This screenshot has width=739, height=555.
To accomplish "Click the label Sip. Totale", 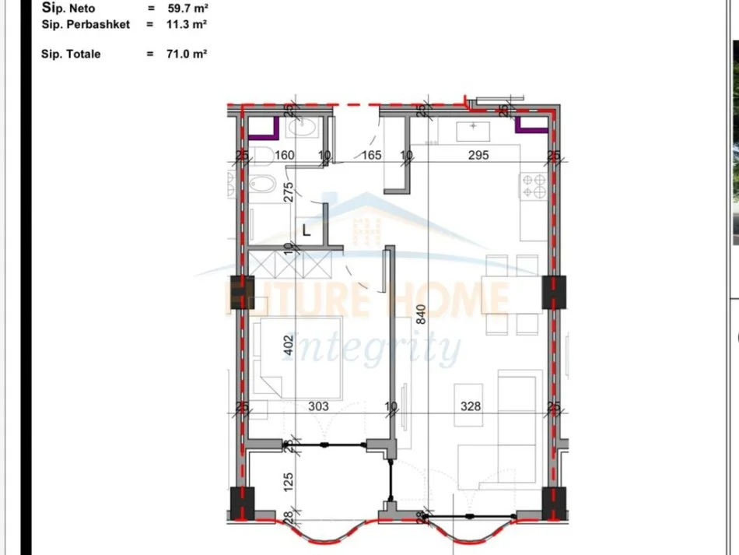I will coord(71,54).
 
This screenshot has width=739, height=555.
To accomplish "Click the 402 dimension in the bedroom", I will coord(287,346).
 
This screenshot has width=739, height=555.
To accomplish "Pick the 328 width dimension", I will coord(471,406).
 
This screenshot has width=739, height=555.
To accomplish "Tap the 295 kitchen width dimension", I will coord(478,155).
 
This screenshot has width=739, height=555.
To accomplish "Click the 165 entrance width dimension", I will coord(372,155).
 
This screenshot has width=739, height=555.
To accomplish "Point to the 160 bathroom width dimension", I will coord(285,155).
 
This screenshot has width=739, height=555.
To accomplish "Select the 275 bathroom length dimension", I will coord(288,192).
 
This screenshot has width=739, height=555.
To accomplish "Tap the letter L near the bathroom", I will coord(306,230).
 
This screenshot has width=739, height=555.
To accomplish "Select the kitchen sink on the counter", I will coord(472,128).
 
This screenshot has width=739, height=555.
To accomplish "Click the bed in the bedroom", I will coord(299,358).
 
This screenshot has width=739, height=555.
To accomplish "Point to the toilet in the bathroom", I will coord(261,156).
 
